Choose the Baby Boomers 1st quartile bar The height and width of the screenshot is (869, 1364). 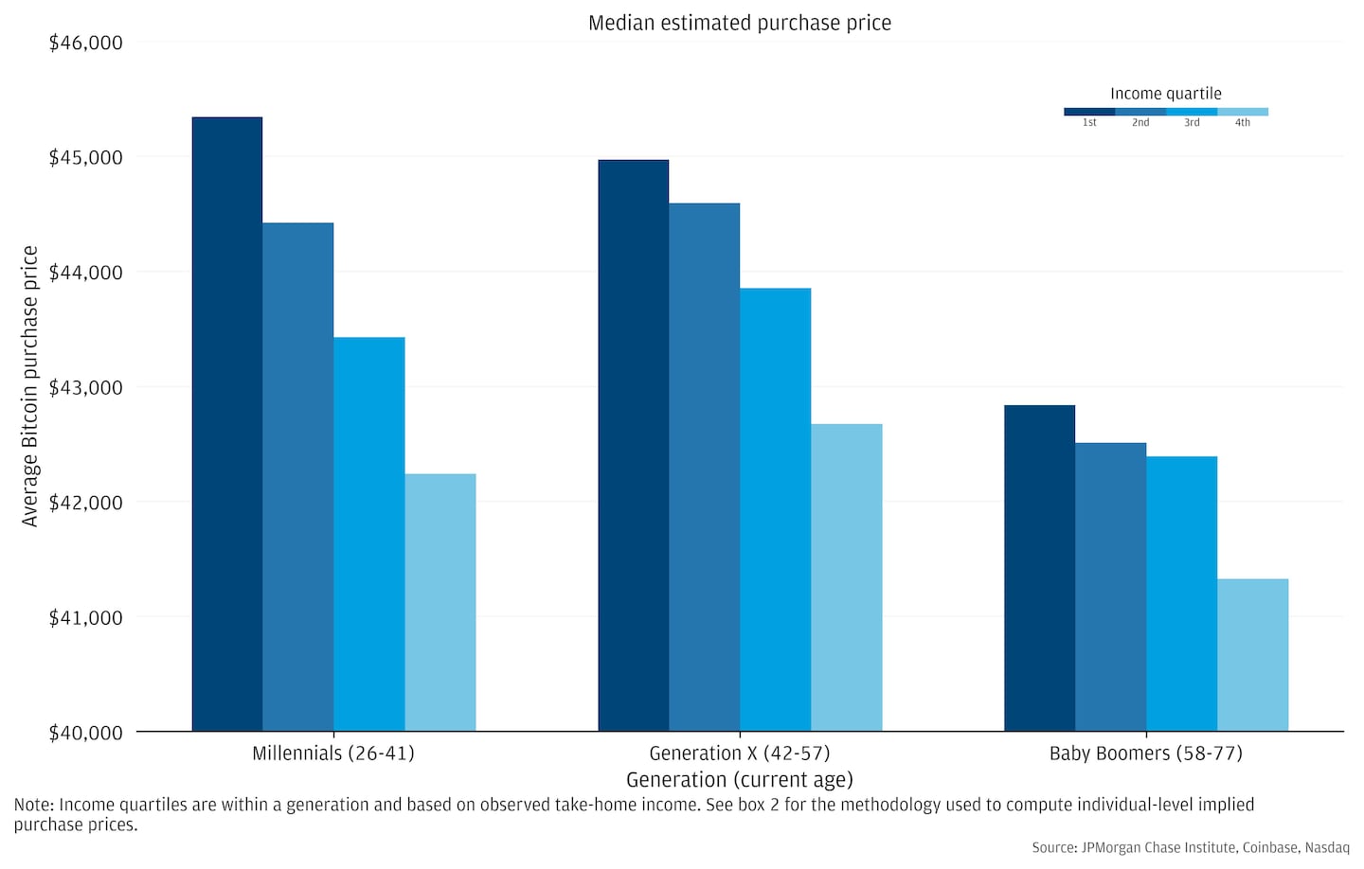tap(1039, 568)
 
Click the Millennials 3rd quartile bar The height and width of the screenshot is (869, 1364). tap(369, 534)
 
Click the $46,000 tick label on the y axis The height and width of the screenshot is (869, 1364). tap(85, 43)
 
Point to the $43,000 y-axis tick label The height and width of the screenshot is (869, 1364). tap(85, 387)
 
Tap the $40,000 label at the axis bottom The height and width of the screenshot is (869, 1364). tap(85, 733)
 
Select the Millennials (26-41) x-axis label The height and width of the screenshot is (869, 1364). tap(333, 754)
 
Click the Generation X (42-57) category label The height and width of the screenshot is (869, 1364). tap(740, 754)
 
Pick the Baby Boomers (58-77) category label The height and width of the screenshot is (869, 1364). tap(1145, 754)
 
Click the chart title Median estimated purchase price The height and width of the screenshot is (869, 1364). tap(740, 23)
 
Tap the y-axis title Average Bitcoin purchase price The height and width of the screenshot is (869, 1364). tap(30, 386)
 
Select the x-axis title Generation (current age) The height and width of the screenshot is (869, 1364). tap(740, 780)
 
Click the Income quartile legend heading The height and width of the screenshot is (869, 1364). tap(1165, 94)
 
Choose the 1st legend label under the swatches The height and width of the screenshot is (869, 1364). tap(1089, 123)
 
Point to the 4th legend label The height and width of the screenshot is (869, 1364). tap(1242, 123)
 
